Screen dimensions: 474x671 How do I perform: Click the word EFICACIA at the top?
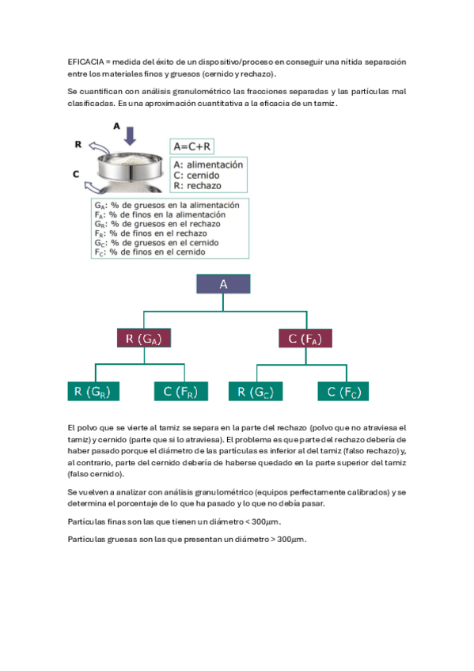coord(85,62)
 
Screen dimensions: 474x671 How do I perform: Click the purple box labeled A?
coord(223,284)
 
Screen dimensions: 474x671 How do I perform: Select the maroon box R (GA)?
coord(144,338)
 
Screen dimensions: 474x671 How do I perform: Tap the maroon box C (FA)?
coord(305,338)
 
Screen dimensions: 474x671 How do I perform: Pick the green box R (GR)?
coord(93,391)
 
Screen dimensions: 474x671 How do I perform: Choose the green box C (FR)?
coord(181,391)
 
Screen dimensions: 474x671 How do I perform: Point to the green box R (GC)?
coord(256,391)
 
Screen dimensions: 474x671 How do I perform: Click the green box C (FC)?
coord(343,391)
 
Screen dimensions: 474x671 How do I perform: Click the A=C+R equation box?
coord(191,146)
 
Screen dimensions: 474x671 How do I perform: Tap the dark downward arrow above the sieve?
coord(130,135)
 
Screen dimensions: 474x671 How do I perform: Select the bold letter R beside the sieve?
coord(78,144)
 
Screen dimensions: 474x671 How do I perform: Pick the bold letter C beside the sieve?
coord(76,174)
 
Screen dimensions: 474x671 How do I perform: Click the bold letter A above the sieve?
coord(116,127)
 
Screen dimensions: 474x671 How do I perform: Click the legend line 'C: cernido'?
coord(196,176)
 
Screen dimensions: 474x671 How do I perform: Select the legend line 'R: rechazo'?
coord(197,186)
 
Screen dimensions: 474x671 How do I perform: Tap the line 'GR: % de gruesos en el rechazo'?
coord(157,224)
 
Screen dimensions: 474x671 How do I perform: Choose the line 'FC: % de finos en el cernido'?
coord(150,252)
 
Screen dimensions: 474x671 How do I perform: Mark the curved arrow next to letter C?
coord(96,187)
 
